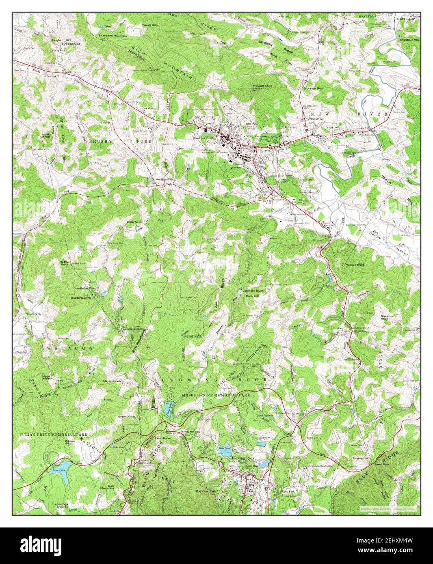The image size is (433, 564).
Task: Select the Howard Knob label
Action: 262,86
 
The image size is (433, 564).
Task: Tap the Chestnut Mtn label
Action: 409,40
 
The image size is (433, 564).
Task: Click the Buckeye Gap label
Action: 313,88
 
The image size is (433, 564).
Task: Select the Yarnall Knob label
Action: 355,265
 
